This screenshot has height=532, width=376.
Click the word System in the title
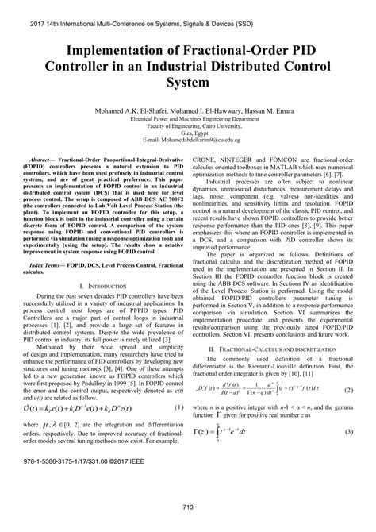tap(188, 82)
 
